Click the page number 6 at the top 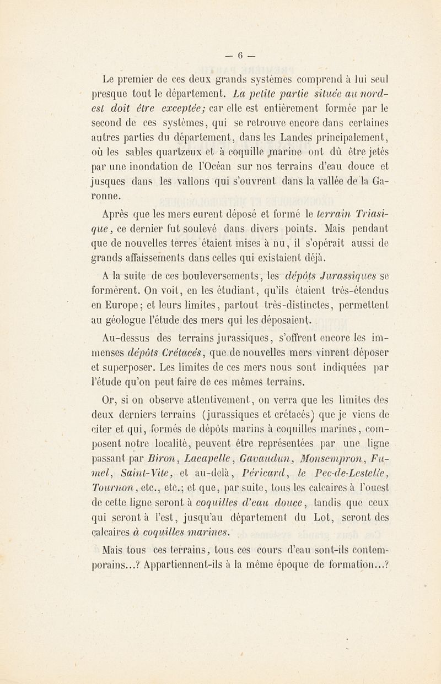pos(240,55)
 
